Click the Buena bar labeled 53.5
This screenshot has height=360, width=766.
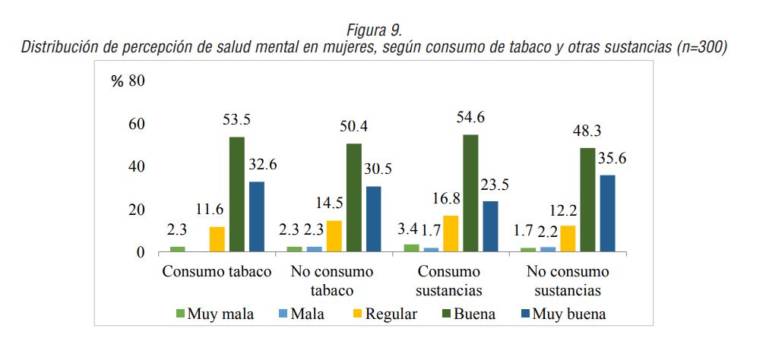(x=236, y=194)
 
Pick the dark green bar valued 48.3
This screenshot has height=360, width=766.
(x=587, y=200)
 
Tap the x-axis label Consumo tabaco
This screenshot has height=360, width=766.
(x=217, y=272)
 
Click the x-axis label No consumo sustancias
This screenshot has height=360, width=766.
(x=568, y=280)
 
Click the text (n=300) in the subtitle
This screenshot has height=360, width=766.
(x=701, y=47)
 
